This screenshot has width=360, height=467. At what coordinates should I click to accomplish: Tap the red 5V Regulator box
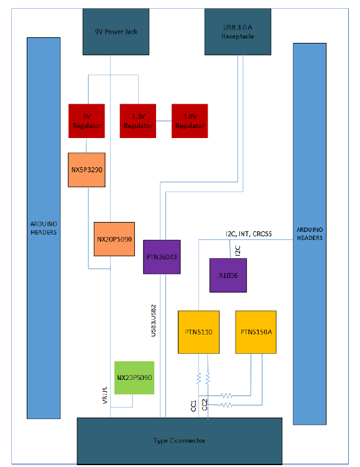pos(86,121)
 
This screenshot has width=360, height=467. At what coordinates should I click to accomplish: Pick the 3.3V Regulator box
pos(138,121)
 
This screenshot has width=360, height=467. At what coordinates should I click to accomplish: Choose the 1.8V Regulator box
pos(190,121)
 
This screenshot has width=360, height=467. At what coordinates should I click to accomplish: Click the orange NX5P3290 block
pos(87,169)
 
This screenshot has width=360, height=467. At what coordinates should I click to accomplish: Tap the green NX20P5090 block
pos(134,377)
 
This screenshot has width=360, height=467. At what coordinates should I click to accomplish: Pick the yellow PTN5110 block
pos(199,332)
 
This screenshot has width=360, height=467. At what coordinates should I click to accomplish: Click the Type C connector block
pos(179,440)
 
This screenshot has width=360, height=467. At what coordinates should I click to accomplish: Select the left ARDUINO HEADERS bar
pos(44,228)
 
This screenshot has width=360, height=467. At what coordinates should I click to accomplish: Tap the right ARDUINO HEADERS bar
pos(310,233)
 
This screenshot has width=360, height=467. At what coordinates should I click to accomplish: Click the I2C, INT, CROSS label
pos(249,234)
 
